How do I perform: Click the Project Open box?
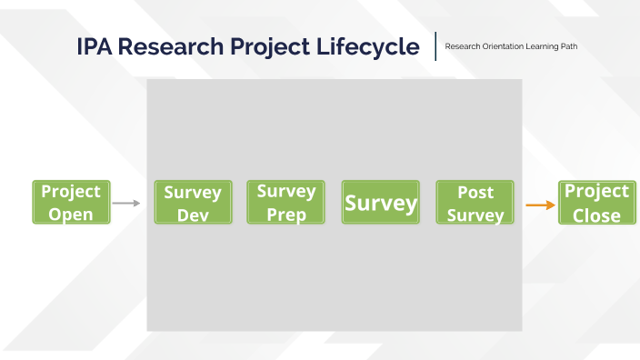72,202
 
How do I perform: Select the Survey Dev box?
192,203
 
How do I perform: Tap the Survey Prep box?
285,203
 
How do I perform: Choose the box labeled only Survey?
380,203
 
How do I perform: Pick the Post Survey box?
475,203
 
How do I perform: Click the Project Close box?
596,202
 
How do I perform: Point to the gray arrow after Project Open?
126,204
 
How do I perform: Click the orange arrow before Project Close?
540,205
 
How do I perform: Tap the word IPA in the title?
95,47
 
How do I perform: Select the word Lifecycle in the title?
375,47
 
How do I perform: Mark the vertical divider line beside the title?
435,46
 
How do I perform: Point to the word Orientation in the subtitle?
499,46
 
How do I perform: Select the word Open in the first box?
72,215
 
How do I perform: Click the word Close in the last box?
596,215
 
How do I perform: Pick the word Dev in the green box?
192,215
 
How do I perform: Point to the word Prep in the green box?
285,215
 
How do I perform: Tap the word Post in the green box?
475,192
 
